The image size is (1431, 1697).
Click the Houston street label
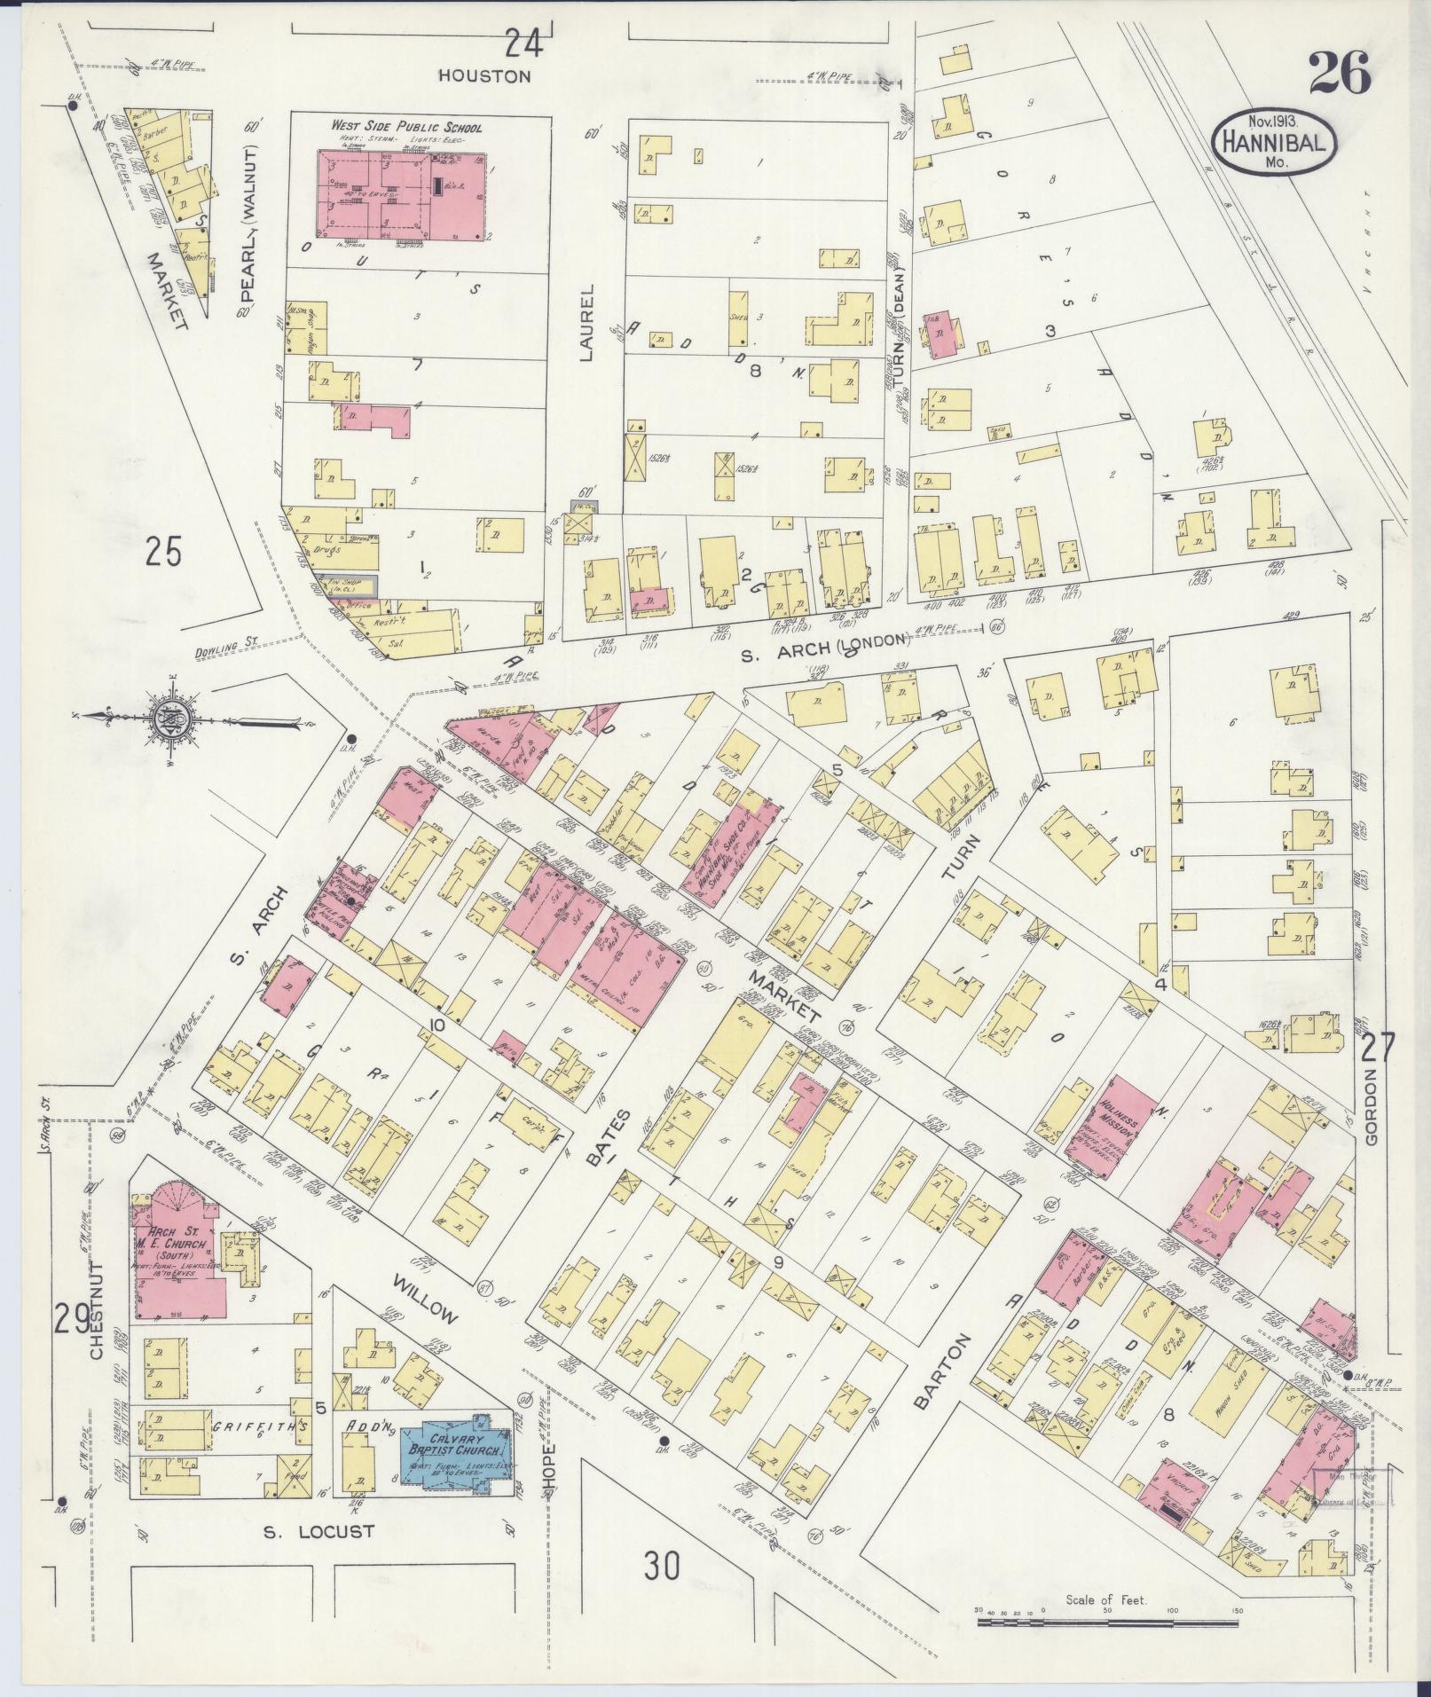tap(484, 76)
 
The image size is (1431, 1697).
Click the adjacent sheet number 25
tap(164, 552)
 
